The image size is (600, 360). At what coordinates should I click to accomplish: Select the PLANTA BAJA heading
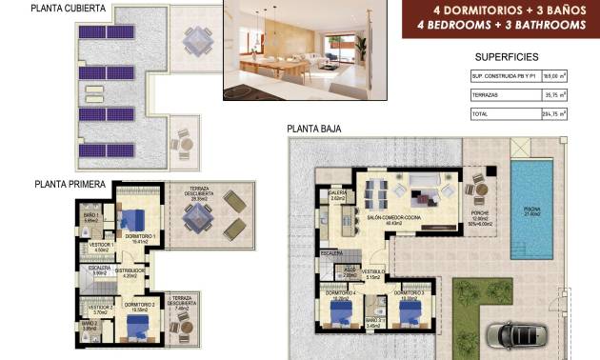(313, 129)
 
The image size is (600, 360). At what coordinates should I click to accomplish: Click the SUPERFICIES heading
(506, 57)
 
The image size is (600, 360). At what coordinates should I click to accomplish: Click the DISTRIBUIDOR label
(130, 270)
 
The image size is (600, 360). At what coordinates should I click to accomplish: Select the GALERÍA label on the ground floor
(337, 192)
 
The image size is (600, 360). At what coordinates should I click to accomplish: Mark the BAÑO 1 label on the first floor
(91, 216)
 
